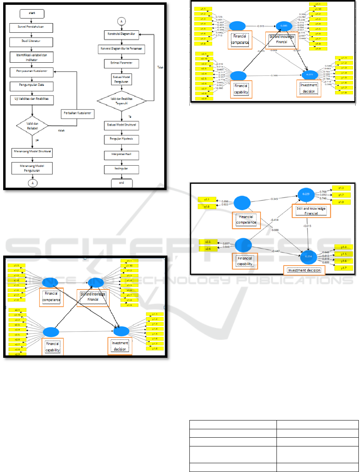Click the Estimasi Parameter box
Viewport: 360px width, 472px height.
[122, 63]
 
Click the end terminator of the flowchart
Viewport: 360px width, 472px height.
[122, 183]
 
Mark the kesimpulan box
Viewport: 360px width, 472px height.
[122, 170]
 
